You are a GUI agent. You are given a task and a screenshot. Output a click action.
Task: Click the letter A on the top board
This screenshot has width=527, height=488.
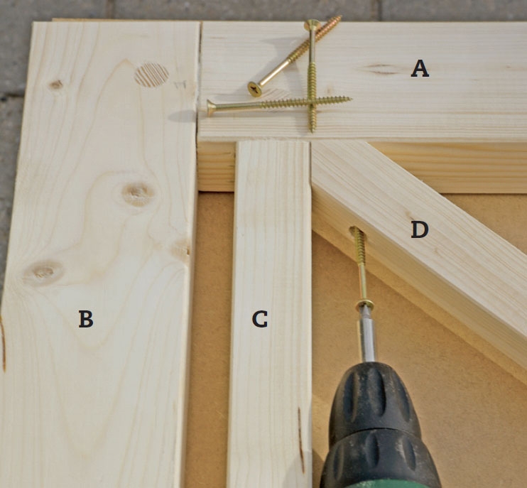pyautogui.click(x=420, y=68)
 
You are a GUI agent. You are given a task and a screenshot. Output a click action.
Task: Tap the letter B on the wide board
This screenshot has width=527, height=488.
pyautogui.click(x=86, y=319)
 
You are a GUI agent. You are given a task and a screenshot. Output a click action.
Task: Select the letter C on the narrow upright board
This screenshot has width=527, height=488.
pyautogui.click(x=260, y=319)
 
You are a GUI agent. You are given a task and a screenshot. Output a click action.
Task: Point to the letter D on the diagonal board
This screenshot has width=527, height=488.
pyautogui.click(x=420, y=230)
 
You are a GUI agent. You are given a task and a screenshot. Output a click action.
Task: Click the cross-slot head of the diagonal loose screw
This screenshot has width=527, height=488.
pyautogui.click(x=255, y=89)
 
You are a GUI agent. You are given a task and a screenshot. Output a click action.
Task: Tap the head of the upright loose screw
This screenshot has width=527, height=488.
pyautogui.click(x=311, y=25)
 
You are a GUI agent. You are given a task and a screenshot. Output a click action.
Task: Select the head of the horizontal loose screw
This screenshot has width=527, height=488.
pyautogui.click(x=211, y=108)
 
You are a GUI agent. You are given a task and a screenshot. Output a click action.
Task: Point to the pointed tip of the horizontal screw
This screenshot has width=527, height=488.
pyautogui.click(x=351, y=99)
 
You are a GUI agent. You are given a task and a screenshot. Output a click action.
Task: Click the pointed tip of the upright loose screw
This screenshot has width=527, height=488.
pyautogui.click(x=313, y=131)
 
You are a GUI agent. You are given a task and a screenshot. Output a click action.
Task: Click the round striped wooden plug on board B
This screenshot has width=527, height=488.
pyautogui.click(x=151, y=75)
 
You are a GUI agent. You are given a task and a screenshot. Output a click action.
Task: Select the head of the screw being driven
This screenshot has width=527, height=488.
pyautogui.click(x=364, y=305)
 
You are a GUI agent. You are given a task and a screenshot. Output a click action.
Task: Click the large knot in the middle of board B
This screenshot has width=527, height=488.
pyautogui.click(x=138, y=194)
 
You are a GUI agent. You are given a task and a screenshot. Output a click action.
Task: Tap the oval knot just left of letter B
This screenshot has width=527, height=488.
pyautogui.click(x=43, y=272)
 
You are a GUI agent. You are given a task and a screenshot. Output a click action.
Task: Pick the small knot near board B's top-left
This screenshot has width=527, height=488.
pyautogui.click(x=56, y=85)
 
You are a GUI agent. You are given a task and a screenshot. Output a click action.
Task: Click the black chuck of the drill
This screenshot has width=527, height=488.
pyautogui.click(x=380, y=425)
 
